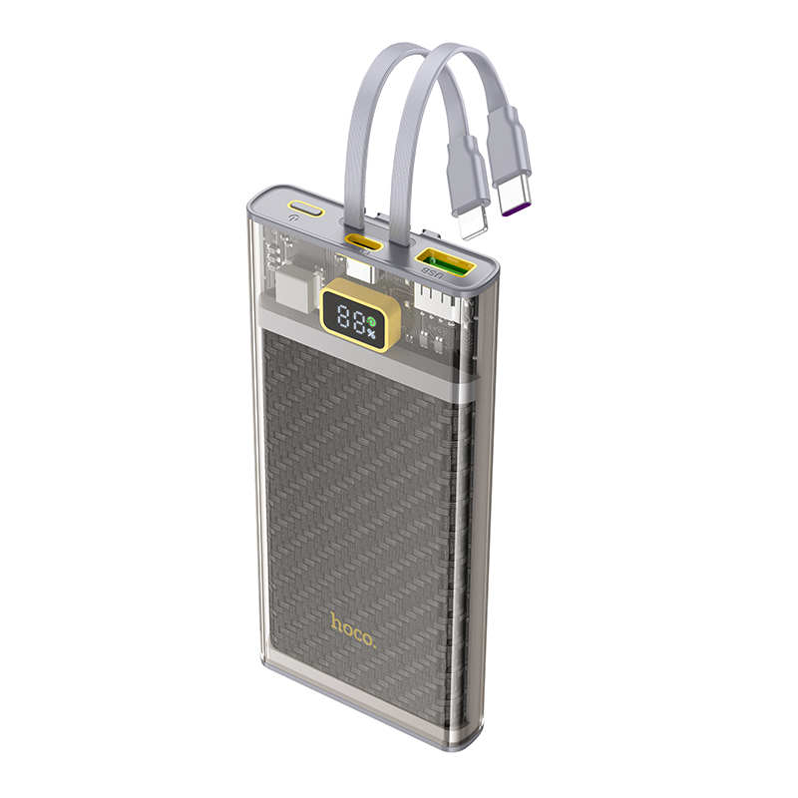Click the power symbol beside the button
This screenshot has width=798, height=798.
tap(291, 218)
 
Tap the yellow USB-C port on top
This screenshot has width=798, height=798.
tap(363, 242)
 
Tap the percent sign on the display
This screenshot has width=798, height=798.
tap(370, 334)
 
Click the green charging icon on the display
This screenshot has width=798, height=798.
tap(371, 321)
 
